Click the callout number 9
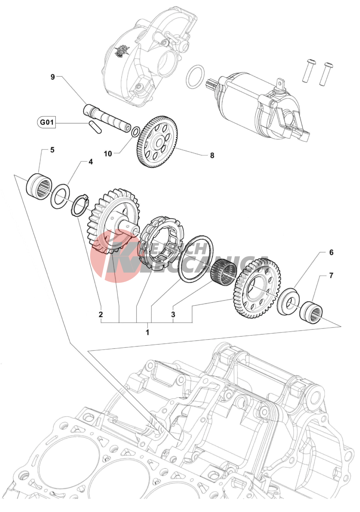pyautogui.click(x=53, y=77)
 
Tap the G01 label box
pyautogui.click(x=47, y=122)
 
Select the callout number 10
pyautogui.click(x=108, y=154)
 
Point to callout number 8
pyautogui.click(x=212, y=155)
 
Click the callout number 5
pyautogui.click(x=52, y=150)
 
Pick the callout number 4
pyautogui.click(x=91, y=162)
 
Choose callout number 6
pyautogui.click(x=331, y=252)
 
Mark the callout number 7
pyautogui.click(x=331, y=275)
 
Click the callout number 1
pyautogui.click(x=147, y=332)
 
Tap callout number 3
pyautogui.click(x=173, y=314)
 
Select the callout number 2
pyautogui.click(x=101, y=314)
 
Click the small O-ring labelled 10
pyautogui.click(x=135, y=131)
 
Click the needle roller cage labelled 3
pyautogui.click(x=224, y=271)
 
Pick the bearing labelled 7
pyautogui.click(x=311, y=311)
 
